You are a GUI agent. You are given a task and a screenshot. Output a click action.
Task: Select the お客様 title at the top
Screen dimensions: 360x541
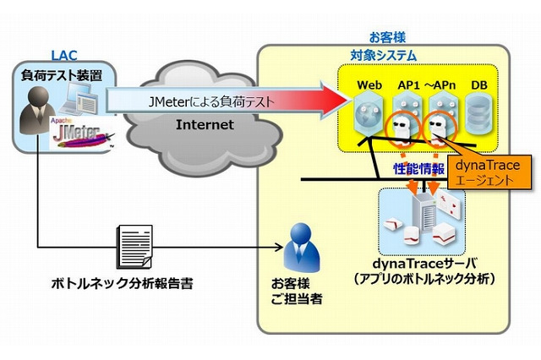388,38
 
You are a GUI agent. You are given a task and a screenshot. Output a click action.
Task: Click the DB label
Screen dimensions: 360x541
479,85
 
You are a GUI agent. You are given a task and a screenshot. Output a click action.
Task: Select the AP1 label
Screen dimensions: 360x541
408,85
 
